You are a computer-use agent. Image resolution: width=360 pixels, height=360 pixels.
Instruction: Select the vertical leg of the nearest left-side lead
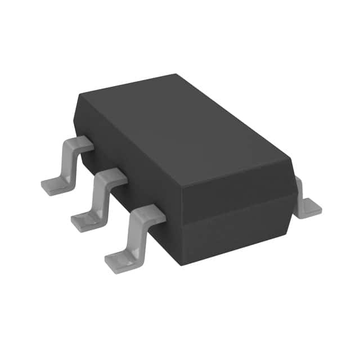[x=134, y=233]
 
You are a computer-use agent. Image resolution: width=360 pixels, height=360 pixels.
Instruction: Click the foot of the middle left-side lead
[x=84, y=220]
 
